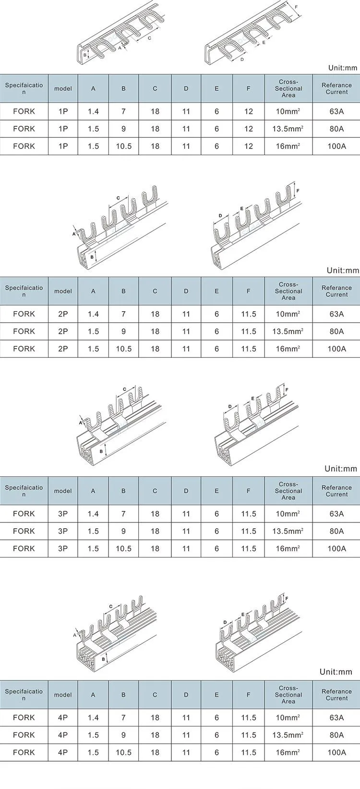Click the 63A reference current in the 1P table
click(x=336, y=111)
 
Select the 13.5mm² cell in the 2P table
click(x=288, y=331)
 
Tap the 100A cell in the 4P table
click(x=336, y=753)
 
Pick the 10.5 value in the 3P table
click(x=123, y=548)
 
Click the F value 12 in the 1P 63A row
click(x=249, y=111)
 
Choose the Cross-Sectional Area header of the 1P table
click(x=288, y=88)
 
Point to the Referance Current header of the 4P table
click(x=336, y=694)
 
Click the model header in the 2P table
click(x=63, y=291)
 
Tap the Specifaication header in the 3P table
click(x=24, y=491)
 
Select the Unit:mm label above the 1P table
click(x=342, y=68)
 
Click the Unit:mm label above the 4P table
click(x=336, y=672)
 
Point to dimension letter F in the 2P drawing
click(x=298, y=191)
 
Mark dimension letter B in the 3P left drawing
click(x=101, y=451)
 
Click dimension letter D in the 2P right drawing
click(x=220, y=215)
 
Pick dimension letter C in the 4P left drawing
click(x=111, y=606)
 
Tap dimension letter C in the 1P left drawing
click(x=149, y=37)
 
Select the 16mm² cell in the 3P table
click(x=288, y=548)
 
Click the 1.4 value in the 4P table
click(x=93, y=717)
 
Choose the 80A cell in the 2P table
click(x=336, y=331)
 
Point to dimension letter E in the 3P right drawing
click(x=252, y=399)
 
